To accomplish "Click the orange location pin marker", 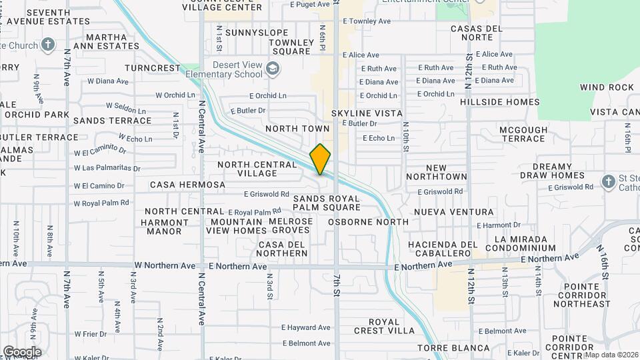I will coord(320,159).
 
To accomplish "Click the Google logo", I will coord(21,352).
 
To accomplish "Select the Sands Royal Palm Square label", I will coord(327,203).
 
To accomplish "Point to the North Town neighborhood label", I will coord(297,128).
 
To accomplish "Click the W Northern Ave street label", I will coord(165,265).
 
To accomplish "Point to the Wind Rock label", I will coord(607,87).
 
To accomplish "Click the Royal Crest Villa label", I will coord(385,326).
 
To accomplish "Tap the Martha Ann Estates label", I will coord(106,41).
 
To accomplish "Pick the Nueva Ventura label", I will coord(453,212).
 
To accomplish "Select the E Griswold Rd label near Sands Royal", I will coord(266,194).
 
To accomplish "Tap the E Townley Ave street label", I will coord(367,21).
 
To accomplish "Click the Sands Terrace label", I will coord(112,121).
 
